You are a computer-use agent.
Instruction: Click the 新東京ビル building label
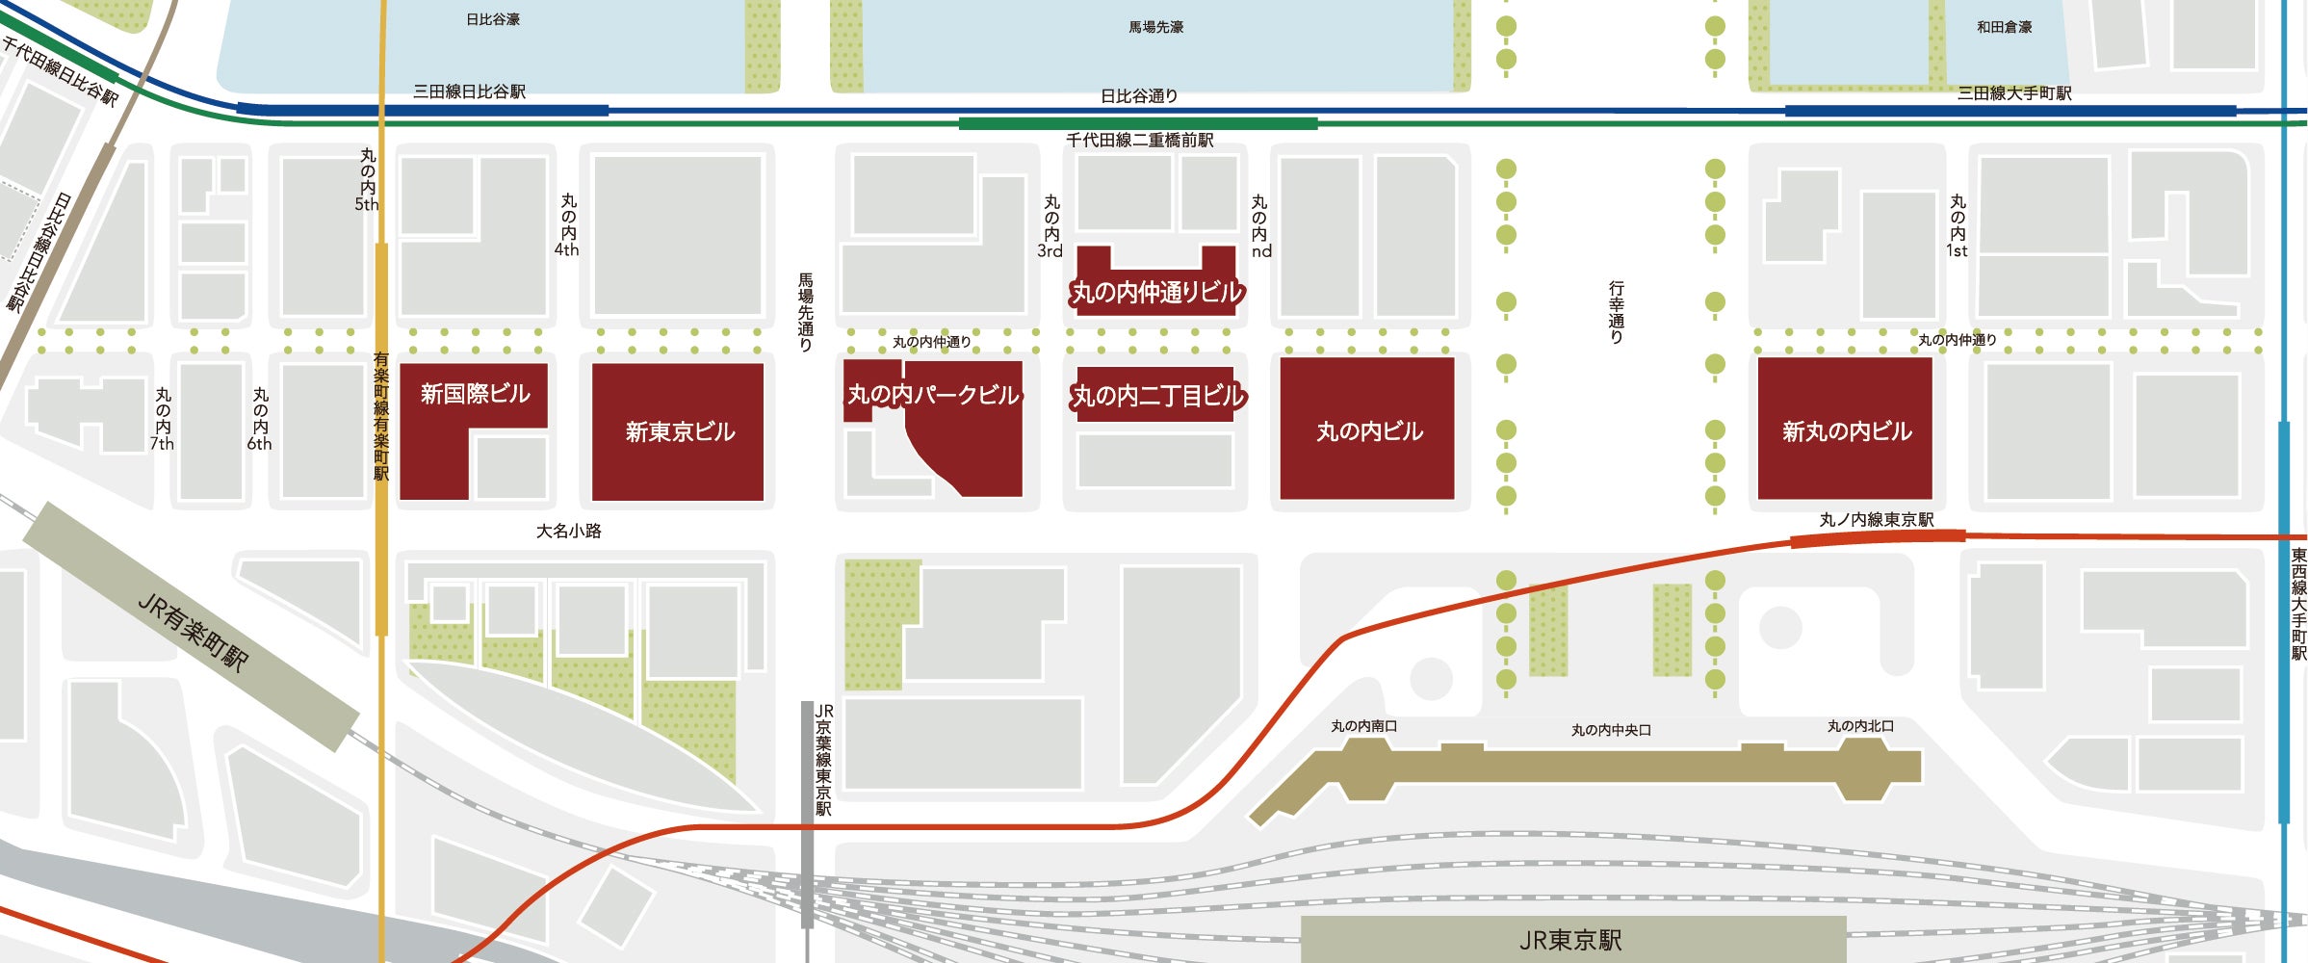[x=680, y=431]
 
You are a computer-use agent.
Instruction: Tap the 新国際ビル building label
[x=475, y=394]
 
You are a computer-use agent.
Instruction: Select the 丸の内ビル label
[x=1369, y=431]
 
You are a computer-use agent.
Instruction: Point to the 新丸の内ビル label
[x=1846, y=431]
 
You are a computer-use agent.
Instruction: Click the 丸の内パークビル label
[x=933, y=395]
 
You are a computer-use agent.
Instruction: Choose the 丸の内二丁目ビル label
[x=1158, y=396]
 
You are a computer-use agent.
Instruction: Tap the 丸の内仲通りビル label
[x=1157, y=292]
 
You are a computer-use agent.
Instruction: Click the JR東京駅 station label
[x=1570, y=940]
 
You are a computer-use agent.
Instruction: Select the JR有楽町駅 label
[x=193, y=632]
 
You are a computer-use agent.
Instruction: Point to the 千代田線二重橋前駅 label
[x=1139, y=141]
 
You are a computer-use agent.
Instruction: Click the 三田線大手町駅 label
[x=2014, y=93]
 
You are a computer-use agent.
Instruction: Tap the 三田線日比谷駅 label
[x=469, y=91]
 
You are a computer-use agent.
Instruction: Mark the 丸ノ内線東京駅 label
[x=1877, y=520]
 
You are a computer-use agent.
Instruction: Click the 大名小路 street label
[x=568, y=531]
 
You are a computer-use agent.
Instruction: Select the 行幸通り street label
[x=1616, y=312]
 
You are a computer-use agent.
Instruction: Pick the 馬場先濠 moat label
[x=1155, y=27]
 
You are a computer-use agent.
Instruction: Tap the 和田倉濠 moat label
[x=2004, y=27]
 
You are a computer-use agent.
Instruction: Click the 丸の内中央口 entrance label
[x=1611, y=730]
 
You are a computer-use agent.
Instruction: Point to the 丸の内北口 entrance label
[x=1860, y=726]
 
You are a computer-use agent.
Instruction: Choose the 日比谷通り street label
[x=1139, y=96]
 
